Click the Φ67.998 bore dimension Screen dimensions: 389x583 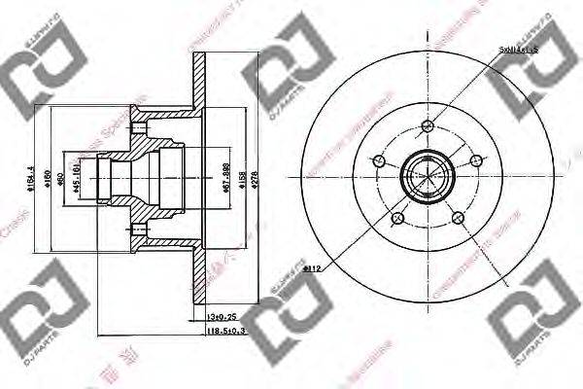pyautogui.click(x=226, y=176)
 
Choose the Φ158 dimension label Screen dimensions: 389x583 pyautogui.click(x=242, y=176)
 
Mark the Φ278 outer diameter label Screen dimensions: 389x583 pyautogui.click(x=256, y=176)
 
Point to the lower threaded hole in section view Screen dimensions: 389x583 pyautogui.click(x=141, y=230)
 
